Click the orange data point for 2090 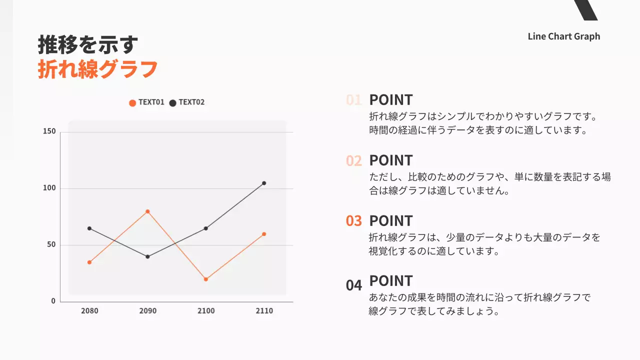(147, 211)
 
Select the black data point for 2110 (264, 183)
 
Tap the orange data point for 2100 (205, 279)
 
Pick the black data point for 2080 (89, 228)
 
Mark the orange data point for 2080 (89, 262)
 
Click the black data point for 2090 (147, 256)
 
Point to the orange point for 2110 (264, 234)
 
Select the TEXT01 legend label (151, 102)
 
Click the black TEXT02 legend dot (173, 103)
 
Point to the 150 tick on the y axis (49, 132)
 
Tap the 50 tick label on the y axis (51, 245)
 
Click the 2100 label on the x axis (206, 311)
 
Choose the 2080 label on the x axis (89, 311)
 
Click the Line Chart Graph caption (563, 36)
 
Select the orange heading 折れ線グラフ (98, 69)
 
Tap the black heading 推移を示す (88, 45)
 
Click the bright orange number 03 (354, 221)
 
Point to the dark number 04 (354, 285)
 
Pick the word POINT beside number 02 (391, 160)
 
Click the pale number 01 (354, 100)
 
